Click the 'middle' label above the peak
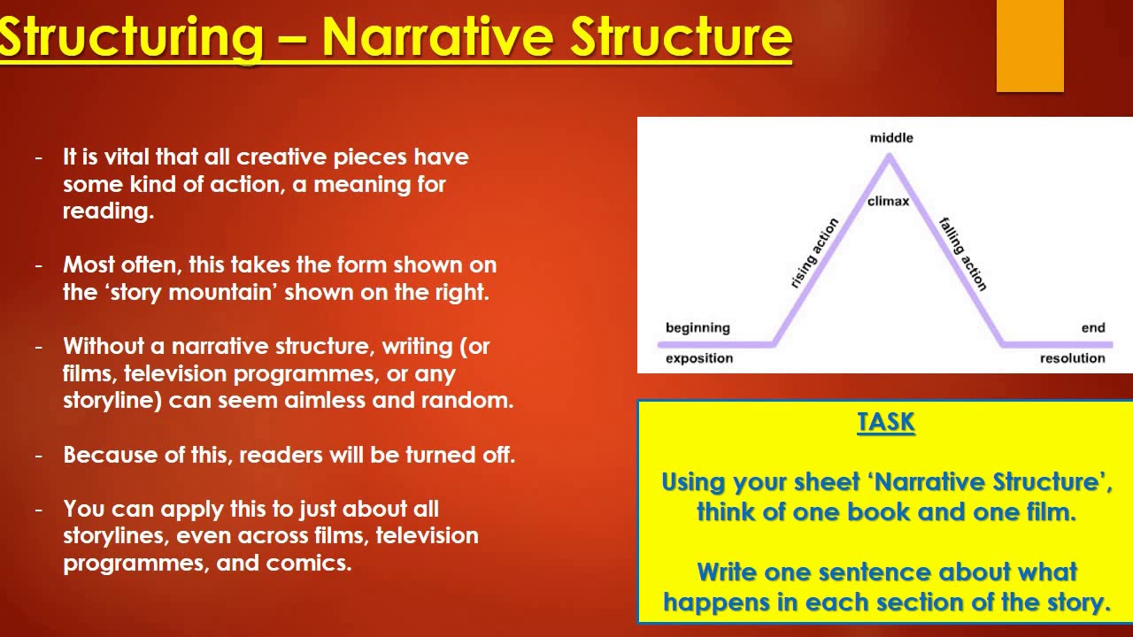click(x=890, y=138)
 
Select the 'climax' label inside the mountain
click(x=888, y=202)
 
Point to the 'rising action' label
click(x=813, y=254)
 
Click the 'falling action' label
click(x=962, y=254)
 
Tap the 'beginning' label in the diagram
click(x=698, y=328)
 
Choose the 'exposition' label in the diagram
click(x=699, y=358)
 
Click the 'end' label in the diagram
click(x=1092, y=328)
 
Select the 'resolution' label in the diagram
click(x=1072, y=358)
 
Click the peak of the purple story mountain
click(x=889, y=158)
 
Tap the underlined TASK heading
click(x=885, y=423)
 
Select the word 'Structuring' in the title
click(x=131, y=36)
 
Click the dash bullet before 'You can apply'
click(x=38, y=510)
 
